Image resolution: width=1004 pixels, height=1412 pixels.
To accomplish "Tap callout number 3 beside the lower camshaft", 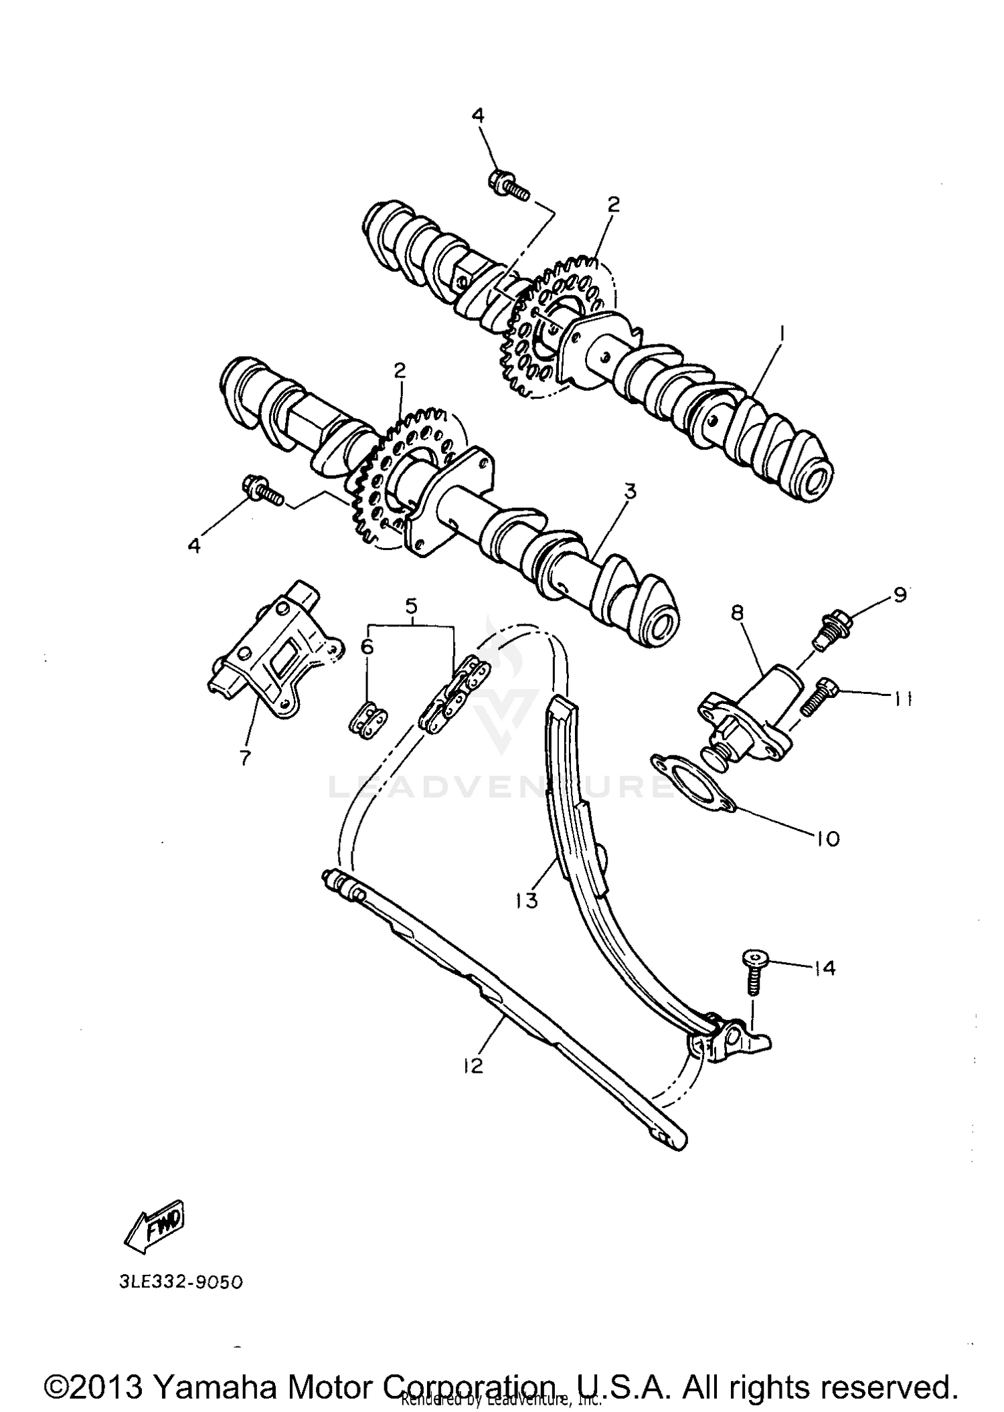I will pyautogui.click(x=629, y=492).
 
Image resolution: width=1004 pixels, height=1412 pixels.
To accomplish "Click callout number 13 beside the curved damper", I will pyautogui.click(x=527, y=901).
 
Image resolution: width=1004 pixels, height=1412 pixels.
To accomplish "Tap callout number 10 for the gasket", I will pyautogui.click(x=828, y=839).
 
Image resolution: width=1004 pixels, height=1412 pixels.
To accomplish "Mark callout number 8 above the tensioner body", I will pyautogui.click(x=737, y=614).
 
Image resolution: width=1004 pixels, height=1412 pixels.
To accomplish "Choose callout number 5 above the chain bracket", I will pyautogui.click(x=411, y=606).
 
